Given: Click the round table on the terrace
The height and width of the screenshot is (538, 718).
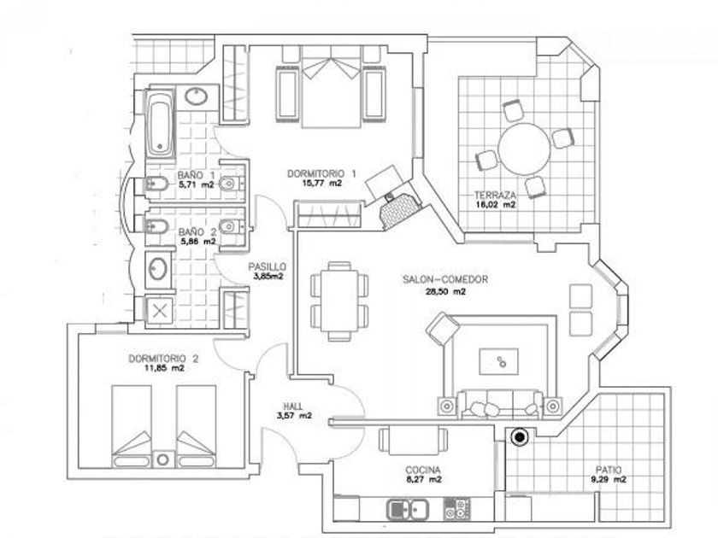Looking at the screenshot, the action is click(x=524, y=148).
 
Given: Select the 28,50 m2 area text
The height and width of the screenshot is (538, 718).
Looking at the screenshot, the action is click(x=445, y=291).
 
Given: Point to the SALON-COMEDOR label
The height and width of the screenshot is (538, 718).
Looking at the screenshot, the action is click(x=444, y=279).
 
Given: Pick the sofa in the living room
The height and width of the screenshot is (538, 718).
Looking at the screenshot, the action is click(x=499, y=402).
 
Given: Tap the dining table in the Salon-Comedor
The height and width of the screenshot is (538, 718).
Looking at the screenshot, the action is click(x=339, y=299).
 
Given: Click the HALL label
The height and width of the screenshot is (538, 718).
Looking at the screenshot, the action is click(x=293, y=406).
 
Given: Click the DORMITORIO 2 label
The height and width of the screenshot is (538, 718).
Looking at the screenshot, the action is click(x=163, y=359).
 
